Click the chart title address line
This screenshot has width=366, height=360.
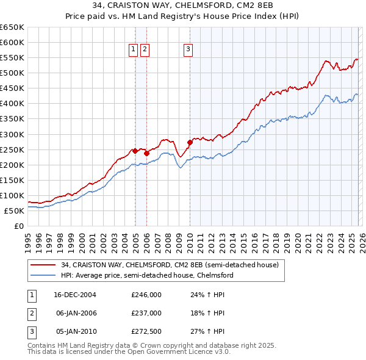pos(182,7)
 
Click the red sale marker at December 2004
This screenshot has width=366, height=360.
pos(135,150)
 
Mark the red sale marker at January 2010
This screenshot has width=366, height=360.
pos(190,142)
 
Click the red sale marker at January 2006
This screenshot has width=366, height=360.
pos(146,153)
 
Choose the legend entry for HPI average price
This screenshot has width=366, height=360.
pos(147,275)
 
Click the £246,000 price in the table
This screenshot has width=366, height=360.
pos(146,294)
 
